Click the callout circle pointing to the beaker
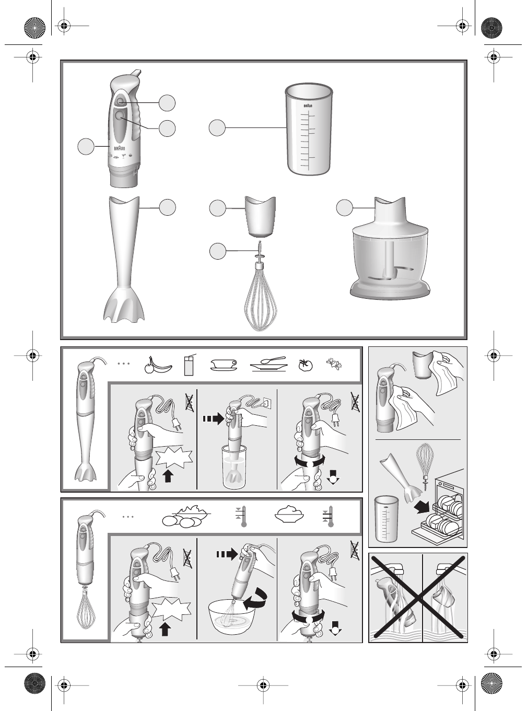(218, 128)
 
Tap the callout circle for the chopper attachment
(344, 207)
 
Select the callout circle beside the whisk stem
(218, 251)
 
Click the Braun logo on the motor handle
(120, 148)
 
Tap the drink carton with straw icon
(190, 365)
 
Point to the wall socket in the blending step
(266, 403)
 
